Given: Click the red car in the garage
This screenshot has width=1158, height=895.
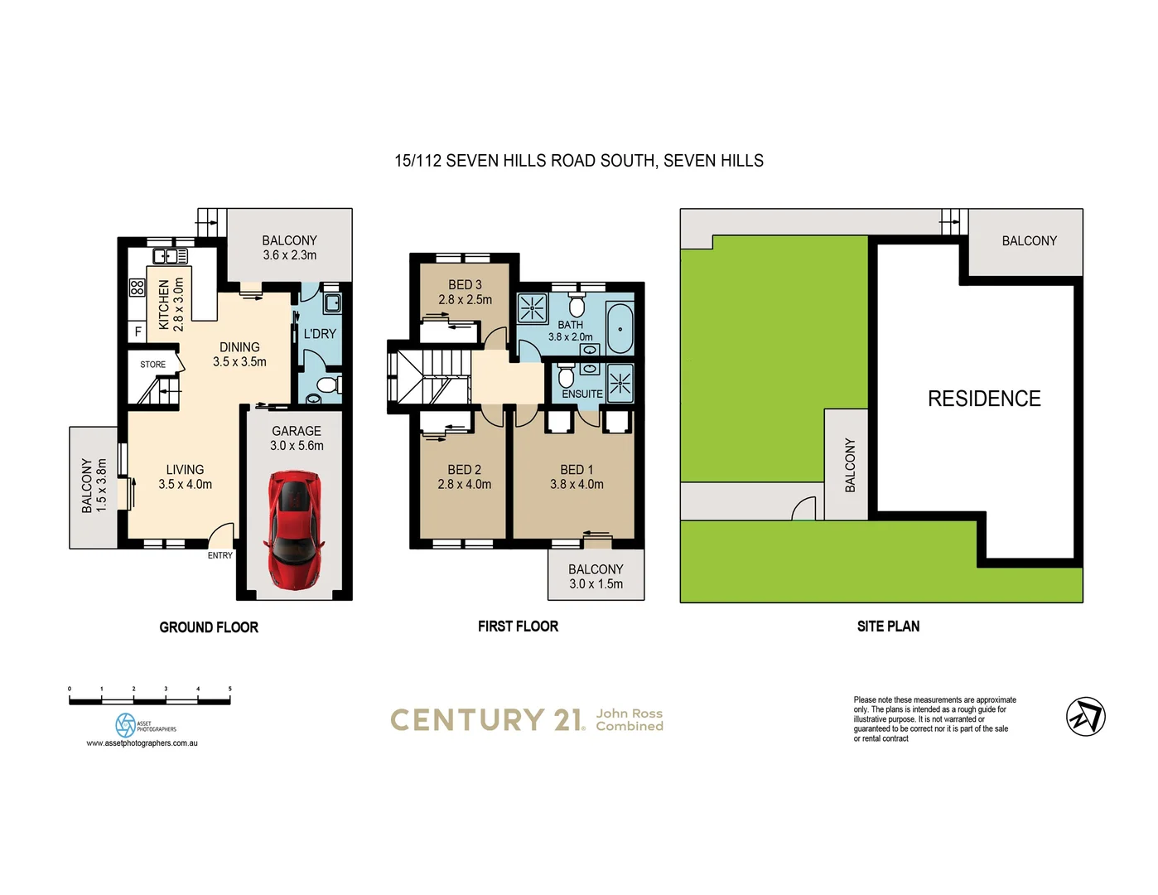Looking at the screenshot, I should coord(293,530).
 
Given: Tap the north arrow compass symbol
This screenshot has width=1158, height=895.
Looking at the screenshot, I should coord(1085,717).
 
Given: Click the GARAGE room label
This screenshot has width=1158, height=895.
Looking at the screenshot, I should coord(297,431).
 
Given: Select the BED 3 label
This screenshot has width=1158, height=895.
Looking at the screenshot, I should coord(465,284).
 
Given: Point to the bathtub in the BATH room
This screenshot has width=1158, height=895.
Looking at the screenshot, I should coord(620,329).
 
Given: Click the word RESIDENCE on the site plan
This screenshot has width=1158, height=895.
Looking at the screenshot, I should coord(984,399).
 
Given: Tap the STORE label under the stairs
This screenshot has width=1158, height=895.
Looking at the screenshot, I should coord(152,365).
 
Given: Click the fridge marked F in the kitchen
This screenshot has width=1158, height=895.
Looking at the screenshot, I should coord(138,331).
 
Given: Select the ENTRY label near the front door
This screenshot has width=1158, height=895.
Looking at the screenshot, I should coord(220,555).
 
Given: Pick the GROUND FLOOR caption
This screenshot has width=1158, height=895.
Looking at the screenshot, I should coord(209,627).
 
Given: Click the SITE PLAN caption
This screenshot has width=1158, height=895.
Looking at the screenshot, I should coord(888,626).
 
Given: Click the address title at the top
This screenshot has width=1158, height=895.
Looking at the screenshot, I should coord(579,161).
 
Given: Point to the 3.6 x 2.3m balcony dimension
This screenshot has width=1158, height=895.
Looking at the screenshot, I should coord(290,255).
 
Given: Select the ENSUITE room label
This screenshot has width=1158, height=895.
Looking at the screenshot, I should coord(582,394).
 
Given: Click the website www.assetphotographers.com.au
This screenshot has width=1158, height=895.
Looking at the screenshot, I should coord(142,743).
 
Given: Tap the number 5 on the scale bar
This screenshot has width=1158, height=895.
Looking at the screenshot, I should coord(229,689).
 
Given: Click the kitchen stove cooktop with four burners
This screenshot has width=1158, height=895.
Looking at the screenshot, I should coord(137,288).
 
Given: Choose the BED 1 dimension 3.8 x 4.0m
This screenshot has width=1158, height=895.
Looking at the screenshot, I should coord(577,484).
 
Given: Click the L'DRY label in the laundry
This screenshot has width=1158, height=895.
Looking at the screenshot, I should coord(320,334).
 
